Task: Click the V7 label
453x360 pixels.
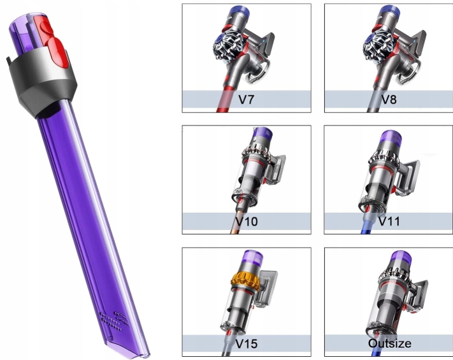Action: point(250,99)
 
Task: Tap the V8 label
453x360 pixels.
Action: point(389,99)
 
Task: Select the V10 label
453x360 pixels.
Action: point(246,222)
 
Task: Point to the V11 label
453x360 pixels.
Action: point(389,222)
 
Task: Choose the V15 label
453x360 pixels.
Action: point(247,344)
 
